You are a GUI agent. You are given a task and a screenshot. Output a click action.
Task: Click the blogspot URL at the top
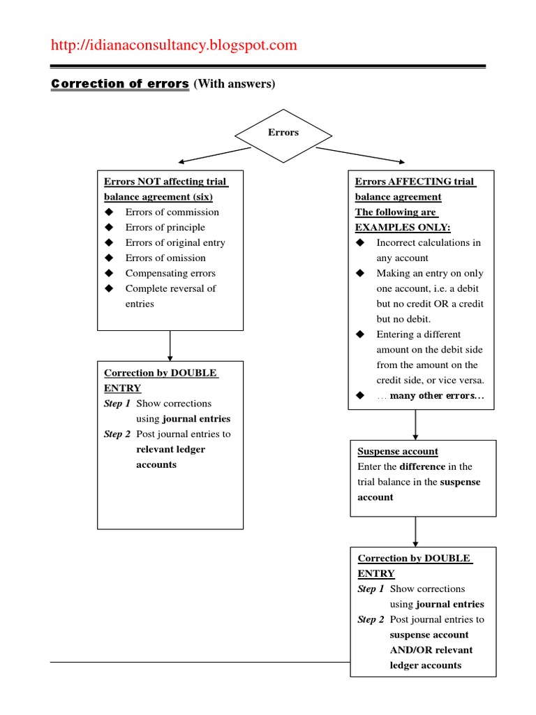coord(174,45)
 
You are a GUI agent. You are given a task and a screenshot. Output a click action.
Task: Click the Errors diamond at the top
coord(283,133)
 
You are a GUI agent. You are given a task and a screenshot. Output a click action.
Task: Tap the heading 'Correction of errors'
coord(120,84)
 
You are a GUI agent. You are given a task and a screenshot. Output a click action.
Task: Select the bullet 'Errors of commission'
coord(172,212)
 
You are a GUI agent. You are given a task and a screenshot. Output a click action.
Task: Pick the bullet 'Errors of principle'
coord(165,227)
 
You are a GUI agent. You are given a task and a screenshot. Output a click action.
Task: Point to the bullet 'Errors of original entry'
coord(175,242)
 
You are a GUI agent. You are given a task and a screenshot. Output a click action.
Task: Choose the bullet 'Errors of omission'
coord(165,258)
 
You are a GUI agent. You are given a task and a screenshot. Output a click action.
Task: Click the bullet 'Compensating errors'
coord(170,273)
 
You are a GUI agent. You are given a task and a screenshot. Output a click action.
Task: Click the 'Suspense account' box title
coord(398,451)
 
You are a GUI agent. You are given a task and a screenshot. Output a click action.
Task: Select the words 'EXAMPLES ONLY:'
coord(403,228)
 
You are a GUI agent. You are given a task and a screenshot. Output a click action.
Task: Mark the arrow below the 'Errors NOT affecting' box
coord(170,345)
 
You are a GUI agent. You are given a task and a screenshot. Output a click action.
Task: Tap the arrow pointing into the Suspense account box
coord(416,425)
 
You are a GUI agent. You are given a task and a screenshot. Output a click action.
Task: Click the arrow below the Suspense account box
coord(416,531)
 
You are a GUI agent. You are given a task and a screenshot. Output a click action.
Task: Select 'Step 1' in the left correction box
coord(117,404)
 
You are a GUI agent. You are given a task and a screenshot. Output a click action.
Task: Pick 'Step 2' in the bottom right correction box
coord(371,619)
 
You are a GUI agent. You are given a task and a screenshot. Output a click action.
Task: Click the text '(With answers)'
coord(234,84)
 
